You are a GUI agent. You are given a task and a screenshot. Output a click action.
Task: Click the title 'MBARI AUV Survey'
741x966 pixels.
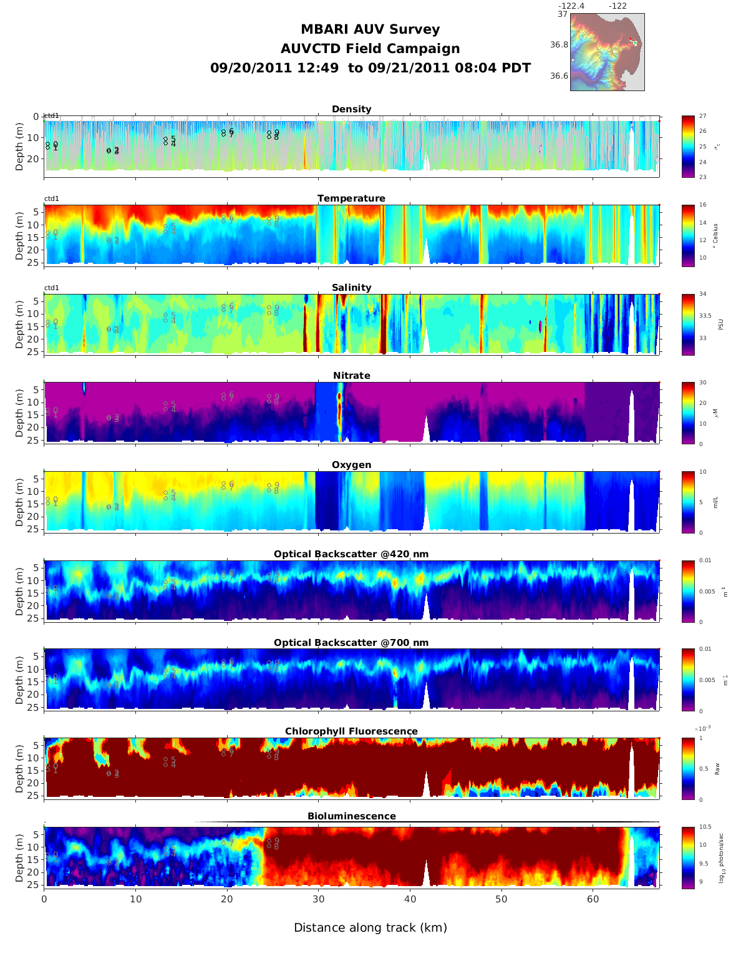click(x=370, y=29)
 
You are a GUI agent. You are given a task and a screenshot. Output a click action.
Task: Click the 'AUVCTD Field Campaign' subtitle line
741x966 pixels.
click(x=370, y=49)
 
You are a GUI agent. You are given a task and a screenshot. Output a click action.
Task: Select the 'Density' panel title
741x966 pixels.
click(x=351, y=109)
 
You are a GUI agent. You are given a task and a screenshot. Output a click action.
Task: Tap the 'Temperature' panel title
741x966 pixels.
click(x=351, y=198)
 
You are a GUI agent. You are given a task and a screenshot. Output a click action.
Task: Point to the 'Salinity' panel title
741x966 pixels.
click(x=351, y=288)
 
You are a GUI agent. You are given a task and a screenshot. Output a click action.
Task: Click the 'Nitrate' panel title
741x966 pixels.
click(x=351, y=376)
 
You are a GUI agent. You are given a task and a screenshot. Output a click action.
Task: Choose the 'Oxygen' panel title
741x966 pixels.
click(x=351, y=465)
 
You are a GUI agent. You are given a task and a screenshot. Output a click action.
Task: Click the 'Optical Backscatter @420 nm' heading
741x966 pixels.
click(x=351, y=554)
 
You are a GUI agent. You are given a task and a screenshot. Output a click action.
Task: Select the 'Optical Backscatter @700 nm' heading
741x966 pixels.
click(x=351, y=643)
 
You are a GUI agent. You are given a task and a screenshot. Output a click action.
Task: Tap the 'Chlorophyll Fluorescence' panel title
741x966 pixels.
click(x=351, y=731)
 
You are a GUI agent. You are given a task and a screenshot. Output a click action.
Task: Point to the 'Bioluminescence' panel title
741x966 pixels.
click(x=351, y=816)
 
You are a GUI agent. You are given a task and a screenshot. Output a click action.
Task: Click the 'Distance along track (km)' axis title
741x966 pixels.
click(x=370, y=928)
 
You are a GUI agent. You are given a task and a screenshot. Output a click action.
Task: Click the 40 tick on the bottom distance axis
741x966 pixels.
click(x=410, y=899)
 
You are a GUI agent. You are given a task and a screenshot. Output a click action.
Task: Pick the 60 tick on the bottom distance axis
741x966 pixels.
click(x=593, y=899)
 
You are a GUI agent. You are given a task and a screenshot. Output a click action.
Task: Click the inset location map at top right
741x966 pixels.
click(x=607, y=52)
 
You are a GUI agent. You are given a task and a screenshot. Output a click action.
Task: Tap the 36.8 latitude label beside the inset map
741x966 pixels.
click(x=559, y=45)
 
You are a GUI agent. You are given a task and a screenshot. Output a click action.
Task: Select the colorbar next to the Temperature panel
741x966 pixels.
click(x=688, y=235)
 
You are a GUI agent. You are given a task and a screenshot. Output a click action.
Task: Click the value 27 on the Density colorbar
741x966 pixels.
click(x=702, y=117)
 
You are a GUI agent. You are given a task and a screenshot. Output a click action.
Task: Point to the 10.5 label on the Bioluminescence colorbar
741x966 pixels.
click(x=705, y=827)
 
